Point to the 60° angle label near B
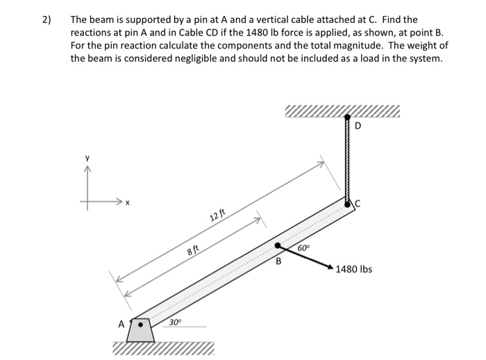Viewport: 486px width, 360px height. [x=303, y=248]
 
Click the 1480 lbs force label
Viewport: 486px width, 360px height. [x=354, y=269]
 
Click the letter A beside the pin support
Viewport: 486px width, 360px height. [x=121, y=323]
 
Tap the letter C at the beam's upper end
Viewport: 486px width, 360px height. [x=359, y=203]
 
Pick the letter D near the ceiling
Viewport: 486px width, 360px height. [x=358, y=126]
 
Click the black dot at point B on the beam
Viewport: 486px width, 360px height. [x=278, y=245]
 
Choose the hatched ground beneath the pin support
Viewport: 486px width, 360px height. [x=164, y=348]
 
